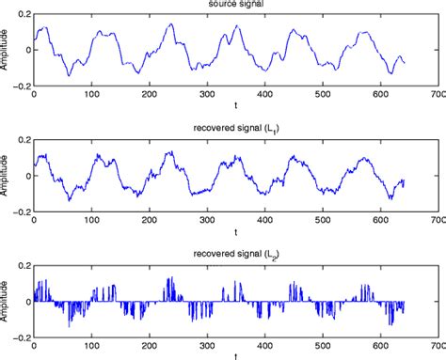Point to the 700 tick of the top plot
tap(435, 95)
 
